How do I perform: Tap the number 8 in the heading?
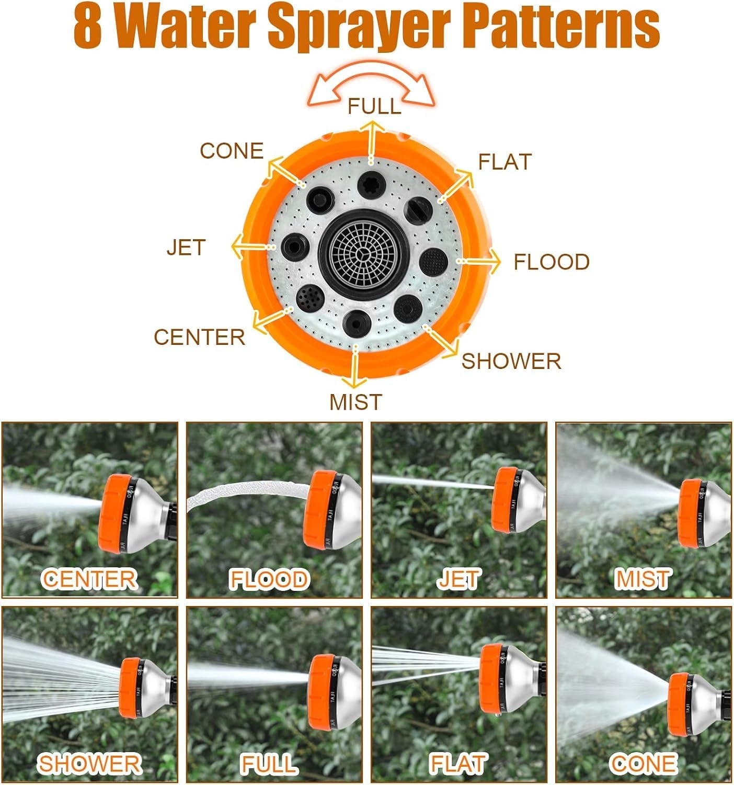point(87,26)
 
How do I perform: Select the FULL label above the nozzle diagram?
point(374,106)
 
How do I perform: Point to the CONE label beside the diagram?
point(232,151)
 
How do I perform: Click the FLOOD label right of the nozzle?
point(552,262)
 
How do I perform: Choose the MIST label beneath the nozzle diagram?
point(355,402)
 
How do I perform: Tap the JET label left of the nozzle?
point(186,248)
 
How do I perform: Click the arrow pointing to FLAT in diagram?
point(456,185)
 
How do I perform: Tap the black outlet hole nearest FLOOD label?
point(433,260)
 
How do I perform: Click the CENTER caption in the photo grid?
point(89,579)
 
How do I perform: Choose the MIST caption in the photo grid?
point(643,579)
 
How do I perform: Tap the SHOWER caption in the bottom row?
point(89,764)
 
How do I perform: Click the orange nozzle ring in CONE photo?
point(679,704)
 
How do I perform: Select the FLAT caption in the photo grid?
point(458,764)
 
